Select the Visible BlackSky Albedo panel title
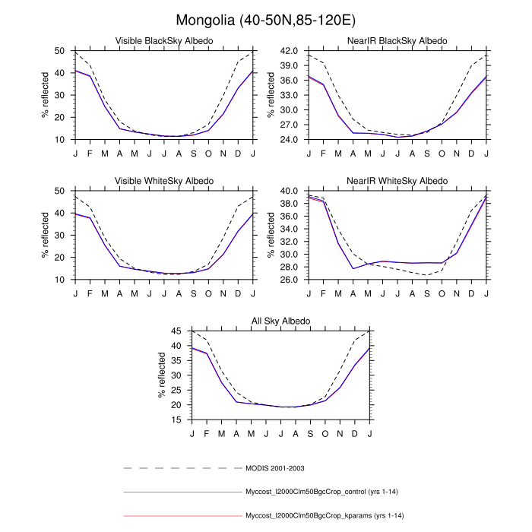pyautogui.click(x=164, y=40)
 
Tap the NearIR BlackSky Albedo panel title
pyautogui.click(x=397, y=40)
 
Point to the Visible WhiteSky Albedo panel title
pyautogui.click(x=164, y=181)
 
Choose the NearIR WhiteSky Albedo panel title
pyautogui.click(x=397, y=181)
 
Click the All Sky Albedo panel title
pyautogui.click(x=281, y=321)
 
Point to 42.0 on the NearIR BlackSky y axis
pyautogui.click(x=290, y=50)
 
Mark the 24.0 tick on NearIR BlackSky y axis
pyautogui.click(x=290, y=140)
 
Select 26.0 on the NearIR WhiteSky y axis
pyautogui.click(x=290, y=280)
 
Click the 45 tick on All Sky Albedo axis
pyautogui.click(x=176, y=331)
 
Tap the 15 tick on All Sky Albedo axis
pyautogui.click(x=176, y=420)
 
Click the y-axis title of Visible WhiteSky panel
pyautogui.click(x=46, y=235)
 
